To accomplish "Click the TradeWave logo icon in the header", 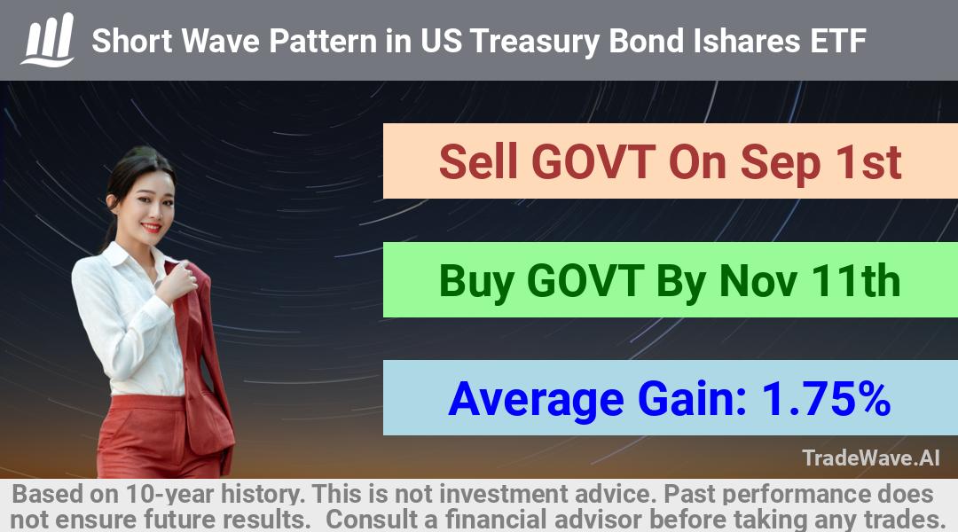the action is [48, 40].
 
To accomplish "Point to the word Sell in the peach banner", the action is [478, 162].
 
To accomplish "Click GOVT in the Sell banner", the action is [593, 162].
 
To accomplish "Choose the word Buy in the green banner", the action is [476, 282].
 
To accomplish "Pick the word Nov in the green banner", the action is [758, 281].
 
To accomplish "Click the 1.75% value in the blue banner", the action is [826, 399].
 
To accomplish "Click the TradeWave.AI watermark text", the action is [871, 458].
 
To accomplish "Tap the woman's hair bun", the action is [140, 153].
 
